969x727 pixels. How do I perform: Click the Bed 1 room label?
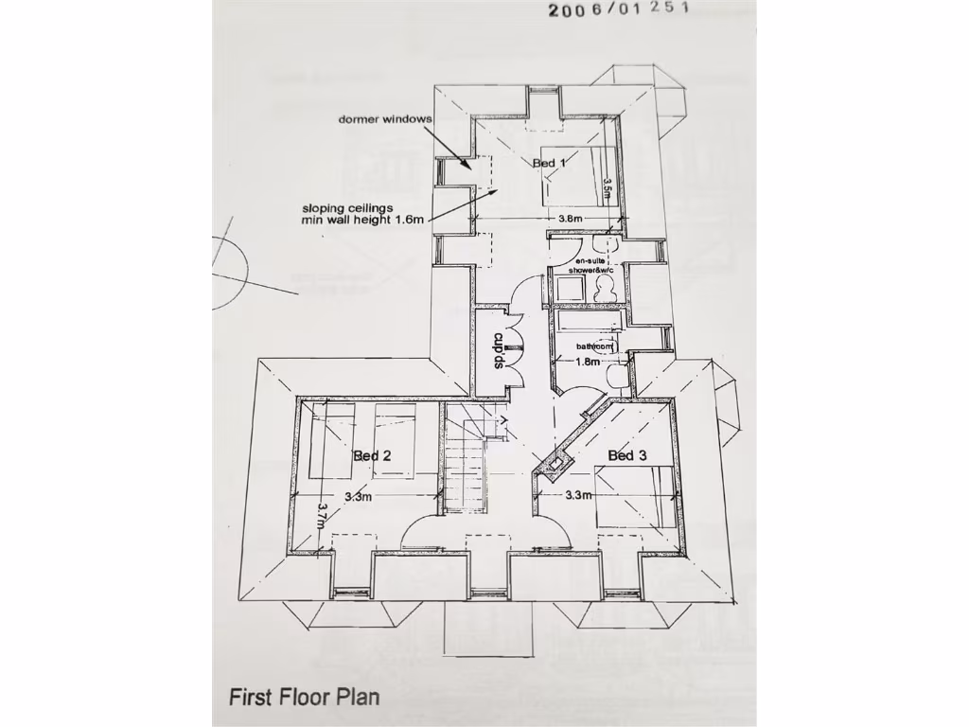[x=550, y=163]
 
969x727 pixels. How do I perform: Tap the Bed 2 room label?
[x=372, y=456]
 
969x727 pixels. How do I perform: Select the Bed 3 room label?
[x=627, y=456]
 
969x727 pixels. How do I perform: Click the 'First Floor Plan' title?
[x=304, y=697]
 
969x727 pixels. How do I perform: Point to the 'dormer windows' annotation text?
[x=384, y=119]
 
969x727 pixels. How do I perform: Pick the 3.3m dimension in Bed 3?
[x=578, y=494]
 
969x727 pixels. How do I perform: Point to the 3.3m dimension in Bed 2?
[x=358, y=496]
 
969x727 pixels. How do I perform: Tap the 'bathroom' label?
[x=595, y=346]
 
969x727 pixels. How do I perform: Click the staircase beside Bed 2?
[x=465, y=459]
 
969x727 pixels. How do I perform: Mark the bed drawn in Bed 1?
[x=573, y=177]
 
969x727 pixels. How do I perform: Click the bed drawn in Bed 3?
[x=637, y=498]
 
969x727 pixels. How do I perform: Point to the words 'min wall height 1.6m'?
[x=360, y=219]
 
